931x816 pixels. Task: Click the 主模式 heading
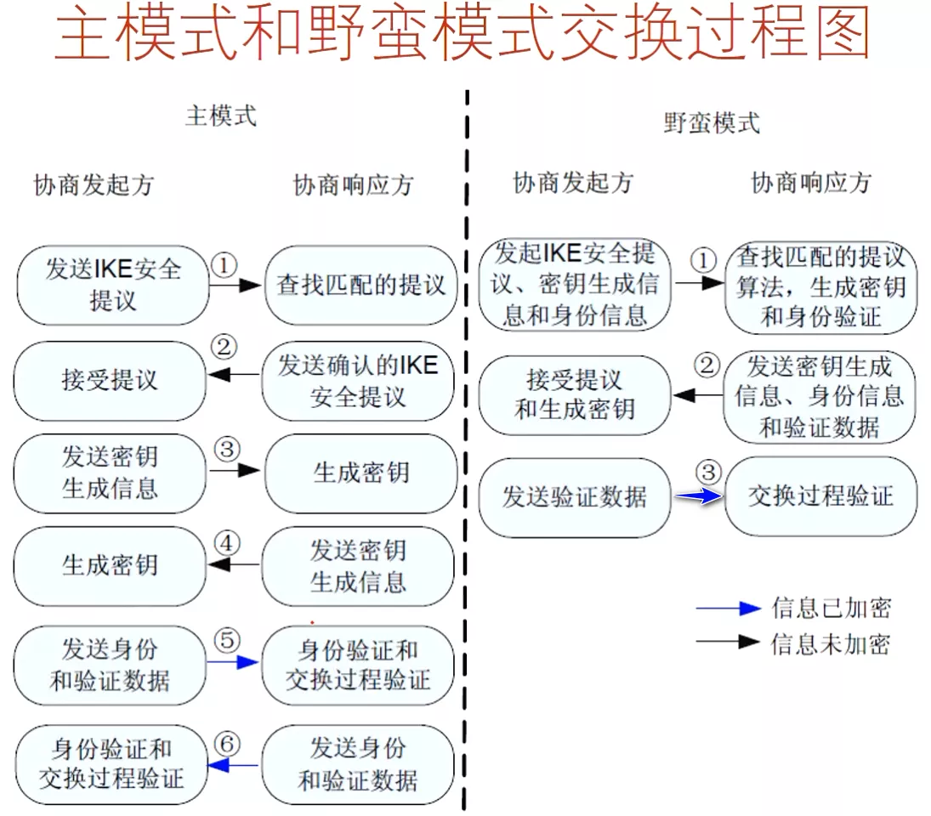coord(221,116)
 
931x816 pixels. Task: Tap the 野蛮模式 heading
coord(711,123)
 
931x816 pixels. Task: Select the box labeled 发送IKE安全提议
coord(112,285)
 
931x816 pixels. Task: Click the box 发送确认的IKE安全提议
coord(358,381)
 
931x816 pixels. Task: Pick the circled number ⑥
coord(225,743)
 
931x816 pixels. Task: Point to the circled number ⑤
coord(225,638)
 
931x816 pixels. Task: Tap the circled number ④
coord(225,543)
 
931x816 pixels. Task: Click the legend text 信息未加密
coord(831,643)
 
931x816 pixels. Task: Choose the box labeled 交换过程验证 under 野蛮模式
coord(820,496)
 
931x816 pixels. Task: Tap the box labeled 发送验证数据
coord(575,497)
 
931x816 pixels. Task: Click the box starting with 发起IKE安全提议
coord(575,285)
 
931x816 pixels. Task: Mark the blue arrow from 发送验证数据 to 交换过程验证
coord(699,498)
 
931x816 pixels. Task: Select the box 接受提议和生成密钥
coord(575,394)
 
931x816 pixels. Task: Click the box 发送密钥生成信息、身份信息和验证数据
coord(820,397)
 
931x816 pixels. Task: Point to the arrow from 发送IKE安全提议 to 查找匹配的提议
coord(235,286)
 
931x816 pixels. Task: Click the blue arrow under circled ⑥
coord(232,766)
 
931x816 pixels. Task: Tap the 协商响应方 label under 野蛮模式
coord(811,183)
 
